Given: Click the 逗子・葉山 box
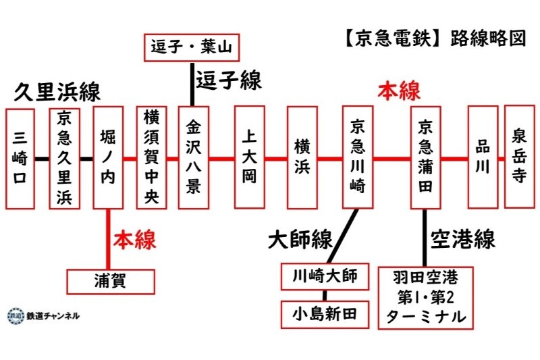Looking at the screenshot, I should coord(192,47).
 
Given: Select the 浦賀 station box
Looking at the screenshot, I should coord(111,280).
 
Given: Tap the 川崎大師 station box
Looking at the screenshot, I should coord(325,276).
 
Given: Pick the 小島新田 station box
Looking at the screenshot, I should coord(325,313).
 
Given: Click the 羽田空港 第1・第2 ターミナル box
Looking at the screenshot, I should coord(425,297).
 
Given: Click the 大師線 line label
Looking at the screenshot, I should coord(299,239).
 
